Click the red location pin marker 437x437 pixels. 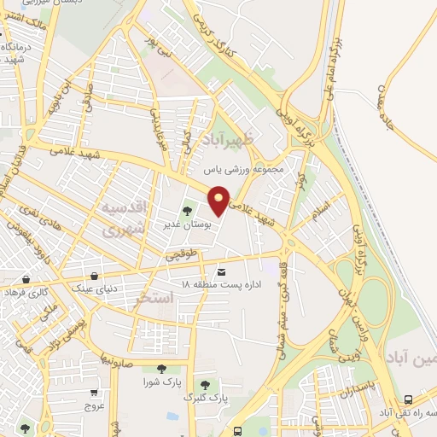(x=219, y=200)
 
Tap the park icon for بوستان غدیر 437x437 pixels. (x=188, y=210)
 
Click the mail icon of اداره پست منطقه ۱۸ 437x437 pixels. (x=222, y=271)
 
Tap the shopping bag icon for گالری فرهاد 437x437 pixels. (x=26, y=279)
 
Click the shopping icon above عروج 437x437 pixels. (x=93, y=393)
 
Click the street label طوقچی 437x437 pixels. (x=182, y=253)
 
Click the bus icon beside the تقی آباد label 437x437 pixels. (x=408, y=400)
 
